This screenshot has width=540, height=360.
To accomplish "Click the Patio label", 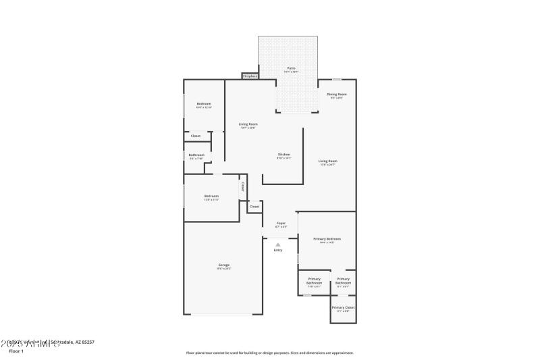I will pyautogui.click(x=292, y=68).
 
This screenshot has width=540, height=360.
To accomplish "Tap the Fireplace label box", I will pyautogui.click(x=250, y=76).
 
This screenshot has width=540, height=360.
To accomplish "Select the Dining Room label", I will pyautogui.click(x=337, y=94).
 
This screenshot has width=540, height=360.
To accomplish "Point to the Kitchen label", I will pyautogui.click(x=284, y=155).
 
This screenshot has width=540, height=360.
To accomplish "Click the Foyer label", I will pyautogui.click(x=281, y=223).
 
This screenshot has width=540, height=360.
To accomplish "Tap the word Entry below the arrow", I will pyautogui.click(x=278, y=251).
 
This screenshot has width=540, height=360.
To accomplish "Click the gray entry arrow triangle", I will pyautogui.click(x=278, y=245).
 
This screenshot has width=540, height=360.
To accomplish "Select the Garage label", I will pyautogui.click(x=223, y=265).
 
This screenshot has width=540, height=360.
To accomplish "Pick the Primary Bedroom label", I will pyautogui.click(x=327, y=239).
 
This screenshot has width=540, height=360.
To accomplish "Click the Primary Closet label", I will pyautogui.click(x=343, y=307).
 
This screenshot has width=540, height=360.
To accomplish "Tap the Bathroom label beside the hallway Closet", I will pyautogui.click(x=196, y=155).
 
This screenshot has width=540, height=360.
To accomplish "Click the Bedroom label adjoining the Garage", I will pyautogui.click(x=211, y=196).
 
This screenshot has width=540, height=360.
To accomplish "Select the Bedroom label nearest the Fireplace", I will pyautogui.click(x=204, y=103).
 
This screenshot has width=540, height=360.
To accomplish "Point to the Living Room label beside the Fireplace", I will pyautogui.click(x=248, y=124).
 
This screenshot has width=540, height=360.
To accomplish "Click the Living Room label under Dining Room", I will pyautogui.click(x=328, y=161).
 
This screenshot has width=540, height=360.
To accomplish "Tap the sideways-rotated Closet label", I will pyautogui.click(x=243, y=186).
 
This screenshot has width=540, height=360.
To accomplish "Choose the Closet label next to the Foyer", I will pyautogui.click(x=254, y=206).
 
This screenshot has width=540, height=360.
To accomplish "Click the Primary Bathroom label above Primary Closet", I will pyautogui.click(x=343, y=280).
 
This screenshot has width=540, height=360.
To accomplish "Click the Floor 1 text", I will pyautogui.click(x=16, y=351).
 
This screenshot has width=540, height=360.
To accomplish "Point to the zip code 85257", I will pyautogui.click(x=86, y=342).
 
